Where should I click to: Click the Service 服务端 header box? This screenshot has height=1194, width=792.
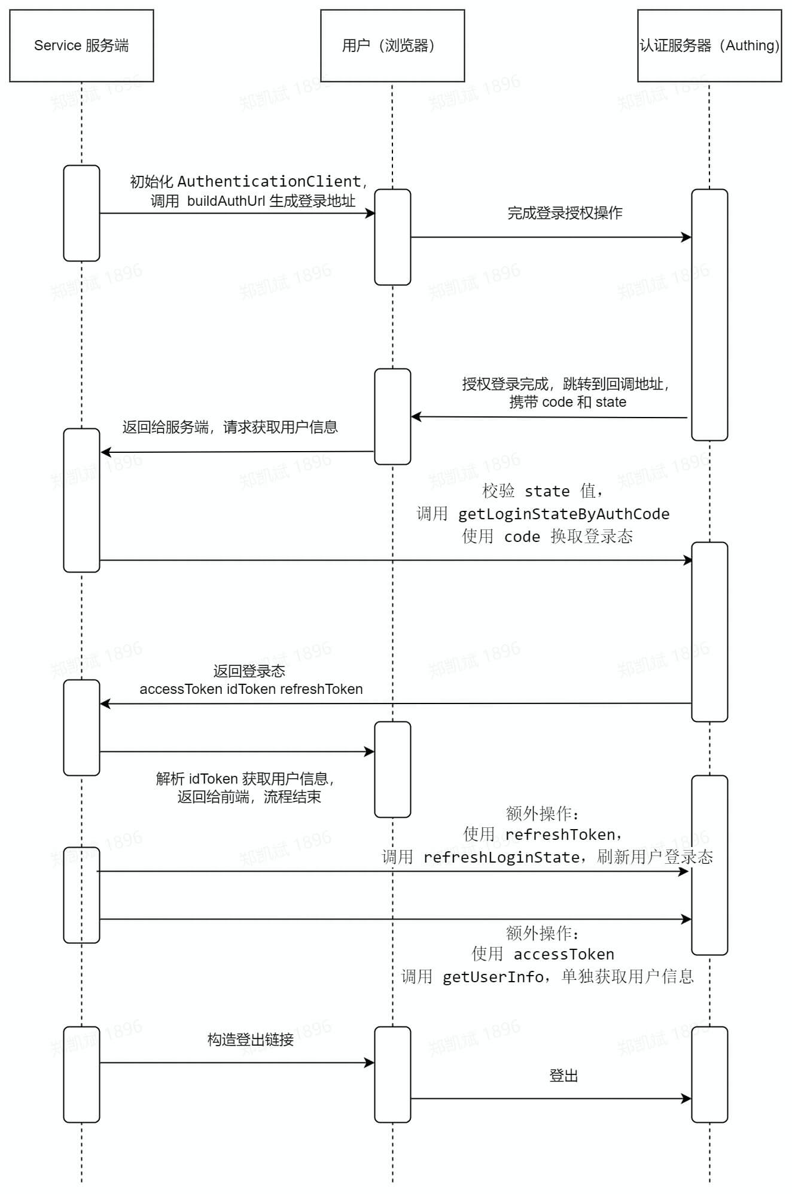(x=81, y=45)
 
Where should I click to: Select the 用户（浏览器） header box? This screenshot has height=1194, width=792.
(x=392, y=45)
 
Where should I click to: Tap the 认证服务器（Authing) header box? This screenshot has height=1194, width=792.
(x=709, y=45)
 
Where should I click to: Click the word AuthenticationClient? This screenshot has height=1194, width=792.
(x=269, y=181)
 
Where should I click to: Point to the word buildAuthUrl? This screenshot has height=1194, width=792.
(x=226, y=201)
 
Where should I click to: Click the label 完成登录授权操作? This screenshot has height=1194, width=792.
(x=565, y=213)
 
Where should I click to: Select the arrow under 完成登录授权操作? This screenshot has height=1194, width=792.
(x=550, y=237)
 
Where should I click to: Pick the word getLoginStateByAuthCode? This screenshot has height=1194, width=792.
(x=563, y=514)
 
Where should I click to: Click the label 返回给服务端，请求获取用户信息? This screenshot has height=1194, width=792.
(x=230, y=427)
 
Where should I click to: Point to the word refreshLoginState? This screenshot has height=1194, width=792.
(x=501, y=857)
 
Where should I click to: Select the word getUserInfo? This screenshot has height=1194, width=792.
(x=493, y=977)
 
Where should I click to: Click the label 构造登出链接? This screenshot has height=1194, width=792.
(x=251, y=1040)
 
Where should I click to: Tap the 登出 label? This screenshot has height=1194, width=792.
(x=563, y=1076)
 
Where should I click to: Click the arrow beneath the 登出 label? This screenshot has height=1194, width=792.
(x=550, y=1099)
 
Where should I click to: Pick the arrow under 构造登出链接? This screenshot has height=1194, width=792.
(x=237, y=1063)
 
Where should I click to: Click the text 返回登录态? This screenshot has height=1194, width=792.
(x=249, y=671)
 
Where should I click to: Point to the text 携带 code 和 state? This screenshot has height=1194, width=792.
(x=567, y=402)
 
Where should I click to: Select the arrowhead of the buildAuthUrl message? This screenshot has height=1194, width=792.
(x=370, y=214)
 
